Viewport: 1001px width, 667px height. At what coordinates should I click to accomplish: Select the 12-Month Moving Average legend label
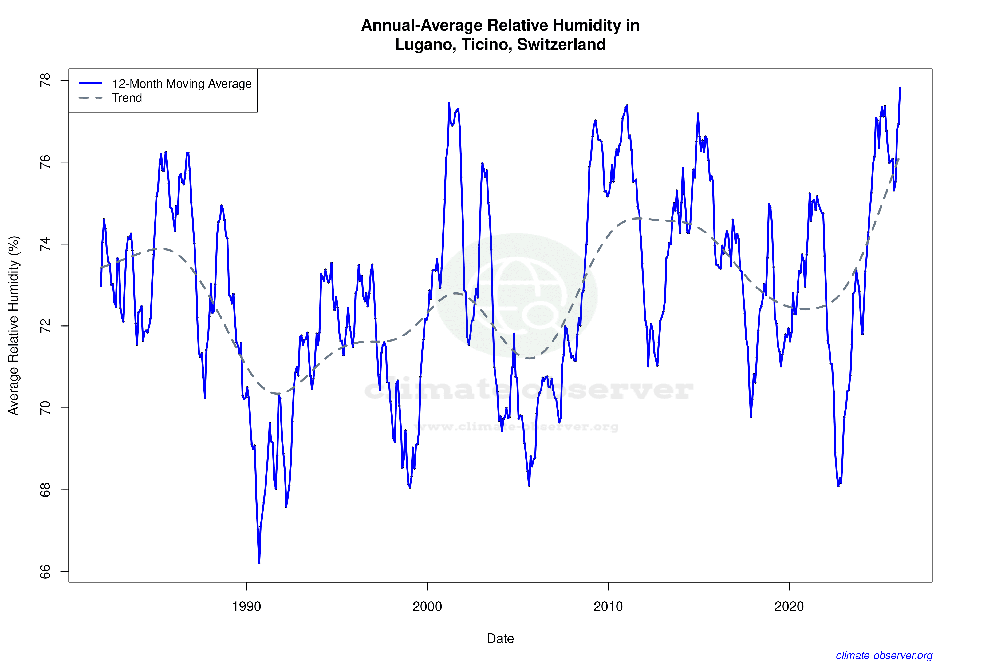coord(182,84)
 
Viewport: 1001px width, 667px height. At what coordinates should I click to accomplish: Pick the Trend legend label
coord(127,98)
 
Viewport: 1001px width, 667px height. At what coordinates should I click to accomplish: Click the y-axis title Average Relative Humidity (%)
coord(14,325)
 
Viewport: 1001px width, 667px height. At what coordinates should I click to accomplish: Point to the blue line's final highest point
coord(900,88)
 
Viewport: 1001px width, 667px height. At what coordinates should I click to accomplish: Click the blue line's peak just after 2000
coord(449,103)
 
